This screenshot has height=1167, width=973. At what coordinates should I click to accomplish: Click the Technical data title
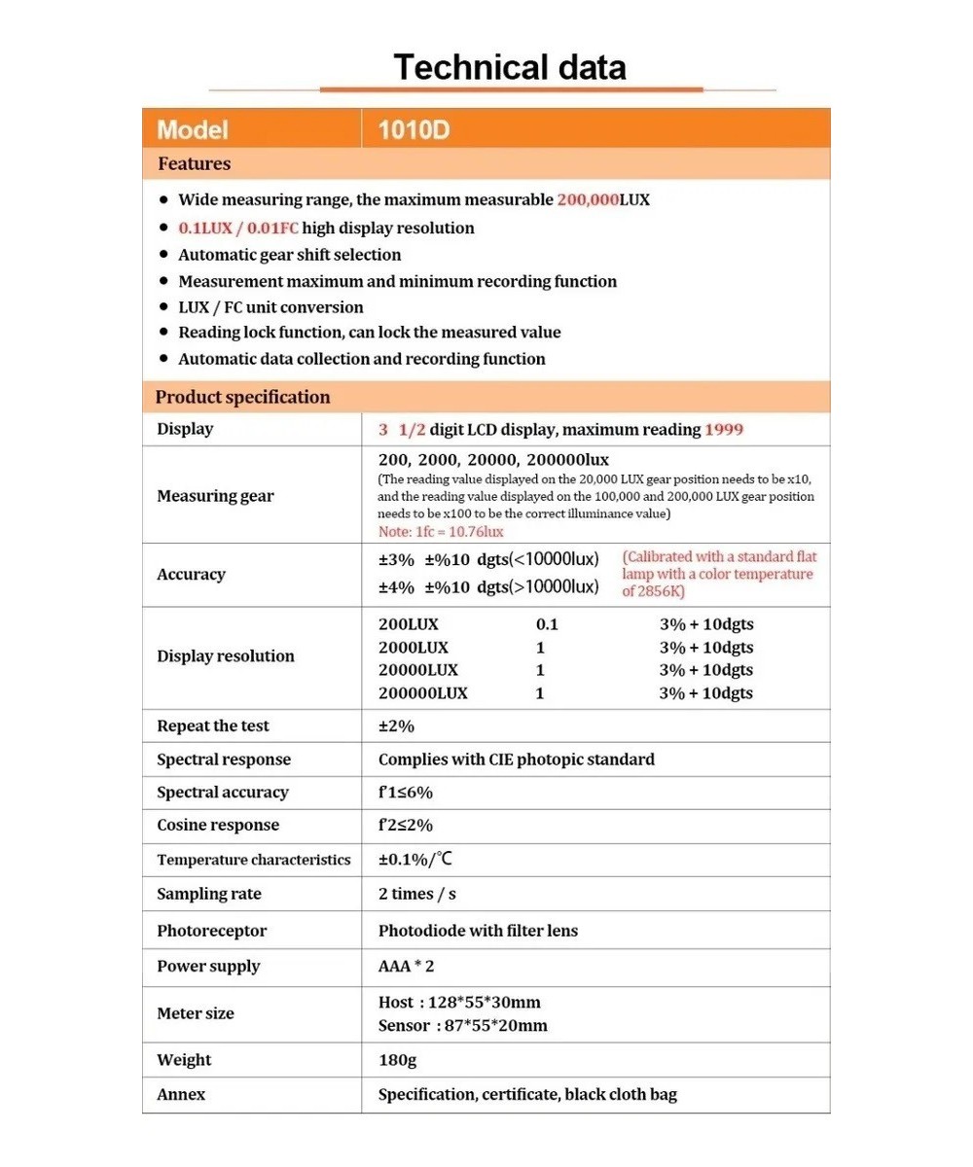tap(509, 67)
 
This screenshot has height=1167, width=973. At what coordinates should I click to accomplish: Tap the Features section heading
tap(194, 163)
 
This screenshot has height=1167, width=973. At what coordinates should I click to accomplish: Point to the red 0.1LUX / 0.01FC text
tap(238, 228)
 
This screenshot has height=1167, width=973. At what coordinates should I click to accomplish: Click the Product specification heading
tap(242, 397)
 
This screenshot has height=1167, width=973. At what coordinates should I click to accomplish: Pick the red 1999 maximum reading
tap(725, 429)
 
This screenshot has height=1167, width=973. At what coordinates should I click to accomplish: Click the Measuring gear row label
tap(215, 496)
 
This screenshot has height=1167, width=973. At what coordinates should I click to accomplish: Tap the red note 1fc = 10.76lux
tap(441, 532)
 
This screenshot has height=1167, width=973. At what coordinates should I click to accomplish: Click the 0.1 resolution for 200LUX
tap(547, 624)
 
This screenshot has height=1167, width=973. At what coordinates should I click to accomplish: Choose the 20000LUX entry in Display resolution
tap(417, 670)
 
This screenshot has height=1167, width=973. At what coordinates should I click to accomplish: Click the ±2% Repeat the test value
tap(396, 726)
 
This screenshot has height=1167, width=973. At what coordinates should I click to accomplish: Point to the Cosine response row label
tap(217, 825)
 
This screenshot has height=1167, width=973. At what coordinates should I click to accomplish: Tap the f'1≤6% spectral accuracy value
tap(405, 792)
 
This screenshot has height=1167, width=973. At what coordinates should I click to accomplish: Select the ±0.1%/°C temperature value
tap(415, 860)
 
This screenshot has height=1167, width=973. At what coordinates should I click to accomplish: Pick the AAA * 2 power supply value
tap(407, 966)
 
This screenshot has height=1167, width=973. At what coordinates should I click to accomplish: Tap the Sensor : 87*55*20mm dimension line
tap(462, 1026)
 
